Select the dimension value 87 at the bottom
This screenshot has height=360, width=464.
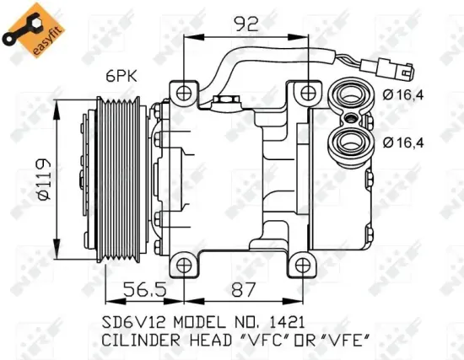pos(245,289)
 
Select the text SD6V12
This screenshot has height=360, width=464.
pos(129,321)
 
